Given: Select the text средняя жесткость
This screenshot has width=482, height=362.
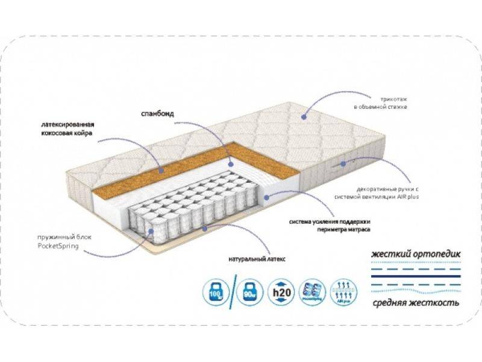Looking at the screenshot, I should (x=416, y=302).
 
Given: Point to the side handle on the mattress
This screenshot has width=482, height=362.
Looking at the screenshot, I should (x=342, y=164).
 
